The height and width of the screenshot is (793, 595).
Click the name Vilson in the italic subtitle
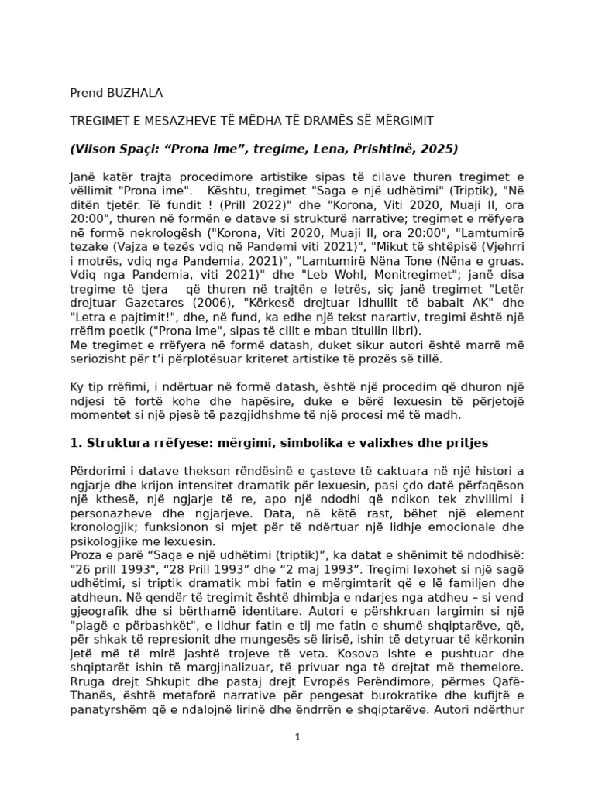95,149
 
